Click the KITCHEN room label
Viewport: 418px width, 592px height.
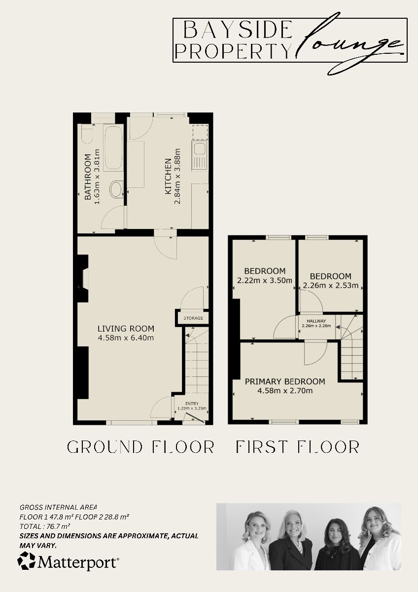(x=168, y=176)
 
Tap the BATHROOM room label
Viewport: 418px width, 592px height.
(x=88, y=177)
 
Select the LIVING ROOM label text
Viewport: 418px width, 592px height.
(x=126, y=329)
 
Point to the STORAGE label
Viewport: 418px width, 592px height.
(x=193, y=318)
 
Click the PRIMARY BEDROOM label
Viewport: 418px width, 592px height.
(x=285, y=381)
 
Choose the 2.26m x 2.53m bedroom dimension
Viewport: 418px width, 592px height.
(x=331, y=285)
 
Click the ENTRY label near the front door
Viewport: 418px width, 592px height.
(x=192, y=404)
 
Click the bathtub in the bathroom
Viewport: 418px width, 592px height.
(x=113, y=148)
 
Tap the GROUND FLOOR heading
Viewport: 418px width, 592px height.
(x=140, y=447)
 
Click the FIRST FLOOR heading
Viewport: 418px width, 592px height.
(x=298, y=447)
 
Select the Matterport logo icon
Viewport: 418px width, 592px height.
(x=27, y=561)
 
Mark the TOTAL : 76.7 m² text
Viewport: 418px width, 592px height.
(x=45, y=526)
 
